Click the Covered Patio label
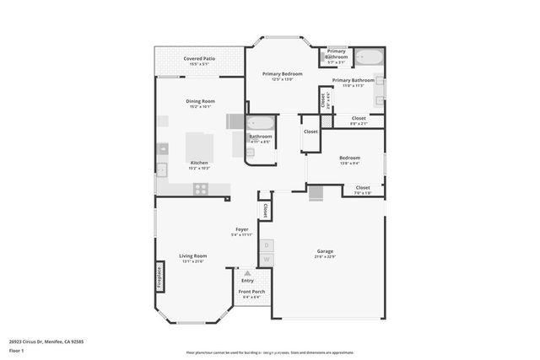[x=199, y=59]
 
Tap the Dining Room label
[x=200, y=101]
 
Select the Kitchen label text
[x=199, y=163]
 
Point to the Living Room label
[x=192, y=256]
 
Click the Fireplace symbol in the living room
[x=158, y=277]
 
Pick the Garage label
[x=325, y=251]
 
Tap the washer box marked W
[x=266, y=260]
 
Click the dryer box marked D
[x=266, y=244]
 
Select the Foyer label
[x=240, y=229]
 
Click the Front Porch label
[x=251, y=292]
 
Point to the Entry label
[x=247, y=281]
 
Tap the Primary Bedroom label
[x=282, y=74]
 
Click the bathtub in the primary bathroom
[x=369, y=58]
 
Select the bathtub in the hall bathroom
[x=261, y=123]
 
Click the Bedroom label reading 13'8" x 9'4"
[x=349, y=158]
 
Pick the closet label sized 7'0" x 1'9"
[x=363, y=188]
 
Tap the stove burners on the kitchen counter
[x=201, y=189]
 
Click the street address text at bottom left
[x=46, y=341]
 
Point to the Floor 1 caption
[x=17, y=350]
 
